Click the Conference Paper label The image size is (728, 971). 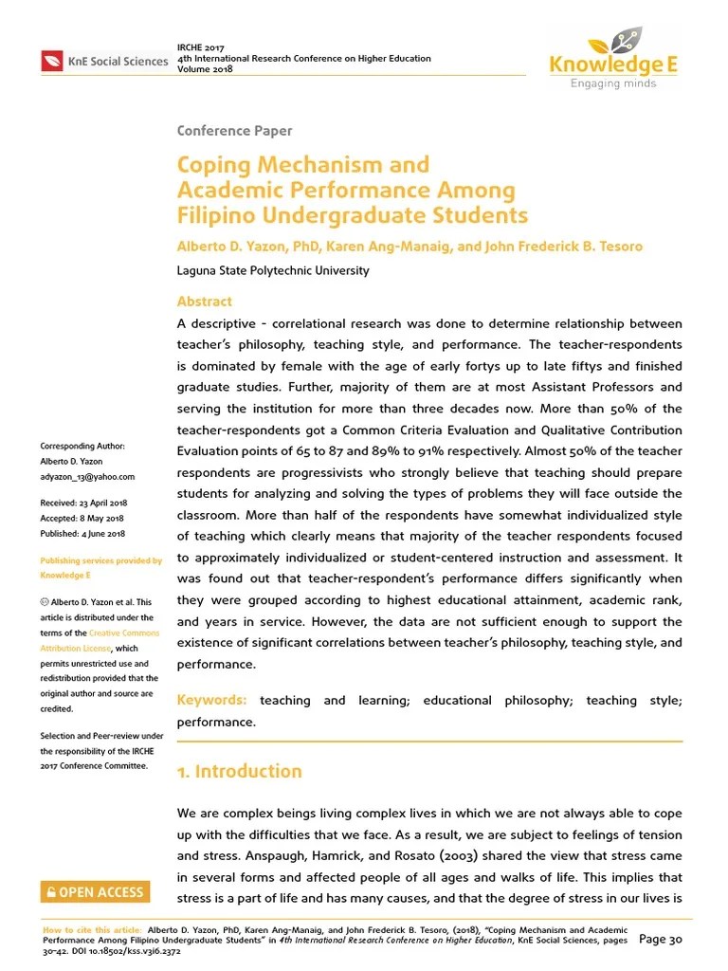tap(234, 131)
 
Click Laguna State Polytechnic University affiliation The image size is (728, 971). tap(273, 270)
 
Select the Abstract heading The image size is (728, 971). tap(204, 302)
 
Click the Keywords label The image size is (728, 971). tap(211, 700)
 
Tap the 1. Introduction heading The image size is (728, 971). tap(240, 771)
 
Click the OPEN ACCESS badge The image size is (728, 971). tap(94, 891)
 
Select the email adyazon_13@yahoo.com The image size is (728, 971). tap(87, 477)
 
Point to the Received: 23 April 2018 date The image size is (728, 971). tap(83, 503)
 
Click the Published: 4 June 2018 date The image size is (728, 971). tap(82, 534)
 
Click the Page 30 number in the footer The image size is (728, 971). tap(662, 940)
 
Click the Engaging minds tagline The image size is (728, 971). tap(612, 83)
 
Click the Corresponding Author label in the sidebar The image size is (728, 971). tap(82, 447)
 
